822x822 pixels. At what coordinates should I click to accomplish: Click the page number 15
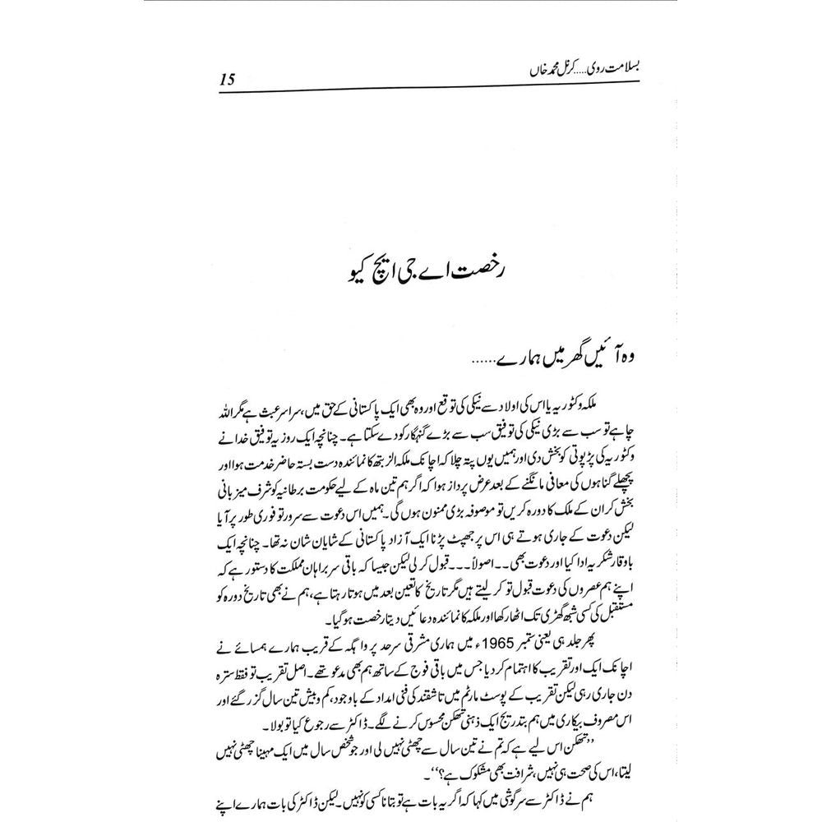tap(227, 80)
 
